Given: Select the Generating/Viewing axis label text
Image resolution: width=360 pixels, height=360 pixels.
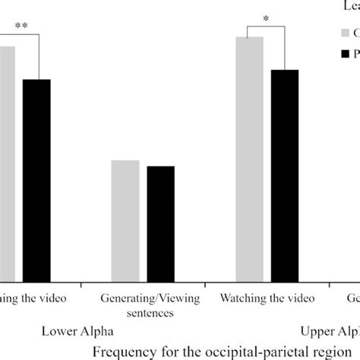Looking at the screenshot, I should coord(144,298).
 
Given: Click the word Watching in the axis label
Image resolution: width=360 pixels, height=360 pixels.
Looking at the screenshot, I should coord(242,298).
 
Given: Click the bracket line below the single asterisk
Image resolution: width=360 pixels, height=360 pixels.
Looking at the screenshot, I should coord(267,28).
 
